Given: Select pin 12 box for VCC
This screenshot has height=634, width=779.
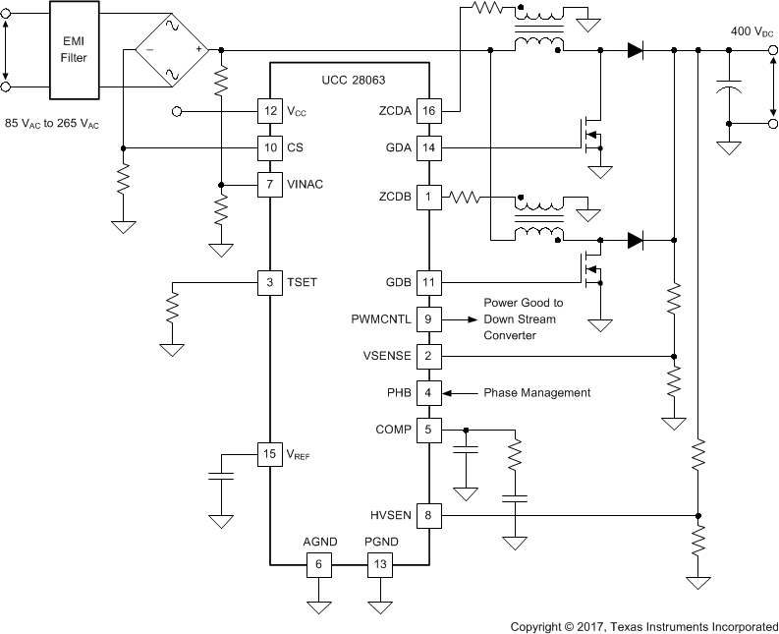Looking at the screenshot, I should click(269, 111).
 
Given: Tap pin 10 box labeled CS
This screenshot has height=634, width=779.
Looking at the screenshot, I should click(269, 148).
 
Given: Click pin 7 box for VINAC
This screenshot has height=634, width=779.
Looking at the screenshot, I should click(269, 185).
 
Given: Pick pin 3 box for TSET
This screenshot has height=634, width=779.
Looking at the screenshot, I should click(269, 282).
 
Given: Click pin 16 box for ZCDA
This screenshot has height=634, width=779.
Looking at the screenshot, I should click(428, 111).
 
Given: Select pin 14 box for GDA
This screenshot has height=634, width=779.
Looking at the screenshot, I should click(428, 148).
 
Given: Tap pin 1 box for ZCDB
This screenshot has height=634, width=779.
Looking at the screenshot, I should click(428, 198).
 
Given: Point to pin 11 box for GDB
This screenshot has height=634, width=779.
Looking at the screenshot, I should click(428, 282).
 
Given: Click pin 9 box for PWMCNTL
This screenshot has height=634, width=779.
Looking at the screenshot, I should click(428, 318).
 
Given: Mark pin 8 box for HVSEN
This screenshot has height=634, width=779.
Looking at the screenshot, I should click(428, 513).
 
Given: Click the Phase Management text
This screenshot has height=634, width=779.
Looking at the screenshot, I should click(536, 392).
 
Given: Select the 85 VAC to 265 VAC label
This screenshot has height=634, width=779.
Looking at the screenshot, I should click(52, 124).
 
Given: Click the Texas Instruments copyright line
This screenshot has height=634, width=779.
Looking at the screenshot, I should click(642, 625).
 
